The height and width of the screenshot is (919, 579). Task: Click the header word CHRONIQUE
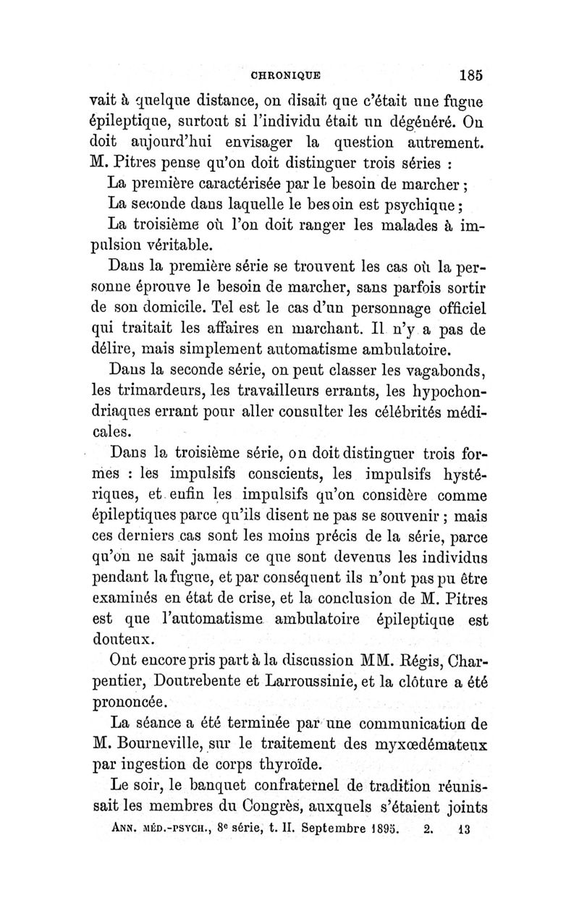tap(286, 73)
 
